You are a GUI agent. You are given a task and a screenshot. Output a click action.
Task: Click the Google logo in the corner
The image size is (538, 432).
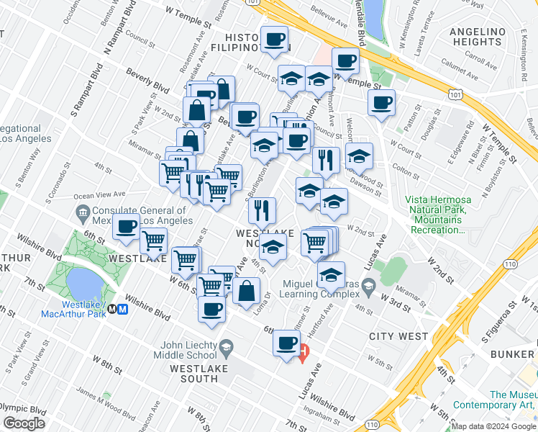tap(24, 423)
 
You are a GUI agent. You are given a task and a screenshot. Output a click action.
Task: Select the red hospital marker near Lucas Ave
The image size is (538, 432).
tap(304, 353)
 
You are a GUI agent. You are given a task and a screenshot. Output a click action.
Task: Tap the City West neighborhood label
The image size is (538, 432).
tap(398, 336)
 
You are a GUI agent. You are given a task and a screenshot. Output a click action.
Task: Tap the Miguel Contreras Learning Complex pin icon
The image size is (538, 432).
tap(368, 287)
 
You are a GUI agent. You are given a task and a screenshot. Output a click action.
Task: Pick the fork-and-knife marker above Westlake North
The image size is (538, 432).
tap(262, 210)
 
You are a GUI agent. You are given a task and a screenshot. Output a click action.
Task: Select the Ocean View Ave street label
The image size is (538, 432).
tap(100, 194)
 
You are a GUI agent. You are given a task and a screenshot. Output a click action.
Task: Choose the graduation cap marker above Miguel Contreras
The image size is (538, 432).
tap(331, 274)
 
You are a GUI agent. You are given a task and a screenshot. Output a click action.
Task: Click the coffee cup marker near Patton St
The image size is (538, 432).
tap(382, 102)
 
